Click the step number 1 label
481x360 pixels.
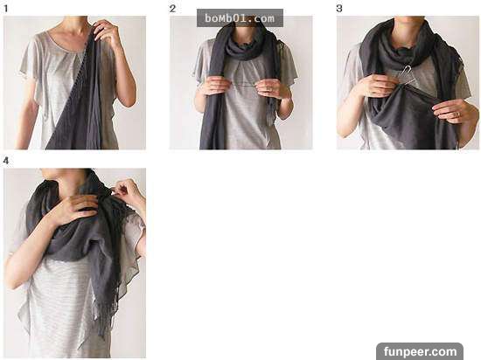click(5, 9)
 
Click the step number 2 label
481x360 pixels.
click(172, 9)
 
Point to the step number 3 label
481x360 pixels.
click(339, 9)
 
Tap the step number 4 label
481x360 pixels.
click(6, 161)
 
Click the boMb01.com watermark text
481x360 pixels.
click(240, 18)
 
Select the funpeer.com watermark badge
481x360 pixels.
click(420, 351)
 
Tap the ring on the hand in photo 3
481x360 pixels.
click(458, 114)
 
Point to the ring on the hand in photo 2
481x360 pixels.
click(269, 89)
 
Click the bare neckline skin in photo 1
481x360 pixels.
click(72, 38)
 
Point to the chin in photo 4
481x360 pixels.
click(53, 174)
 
